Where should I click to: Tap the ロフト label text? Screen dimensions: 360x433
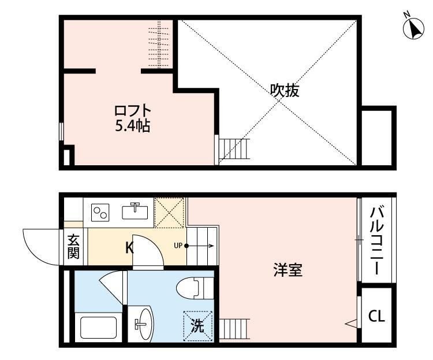point(132,110)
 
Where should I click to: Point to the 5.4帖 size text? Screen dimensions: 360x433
point(132,126)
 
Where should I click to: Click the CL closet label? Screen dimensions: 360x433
point(376,316)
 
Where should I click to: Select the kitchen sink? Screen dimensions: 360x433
point(136,211)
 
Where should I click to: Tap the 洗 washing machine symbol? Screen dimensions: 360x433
point(197,325)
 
